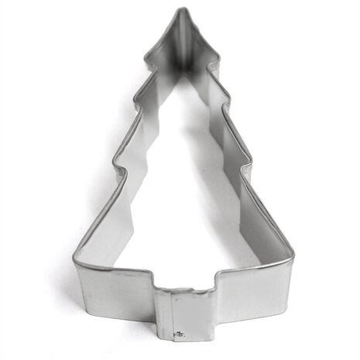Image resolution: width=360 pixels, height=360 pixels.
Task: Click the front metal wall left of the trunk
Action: (116, 291)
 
